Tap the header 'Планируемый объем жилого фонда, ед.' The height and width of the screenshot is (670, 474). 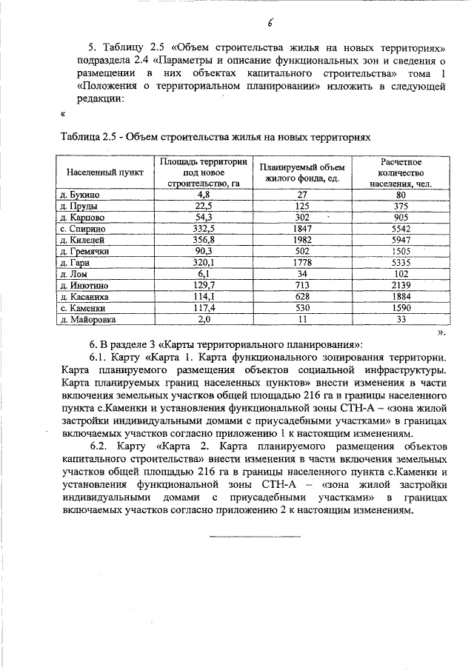[x=301, y=172]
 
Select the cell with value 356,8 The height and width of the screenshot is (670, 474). [x=203, y=241]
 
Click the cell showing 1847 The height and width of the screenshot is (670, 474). [x=301, y=230]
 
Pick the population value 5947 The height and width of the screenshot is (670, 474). [x=401, y=241]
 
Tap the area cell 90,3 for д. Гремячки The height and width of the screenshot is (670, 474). [x=203, y=252]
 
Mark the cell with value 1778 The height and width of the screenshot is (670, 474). [x=301, y=264]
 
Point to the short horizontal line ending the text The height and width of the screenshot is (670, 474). [x=255, y=535]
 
